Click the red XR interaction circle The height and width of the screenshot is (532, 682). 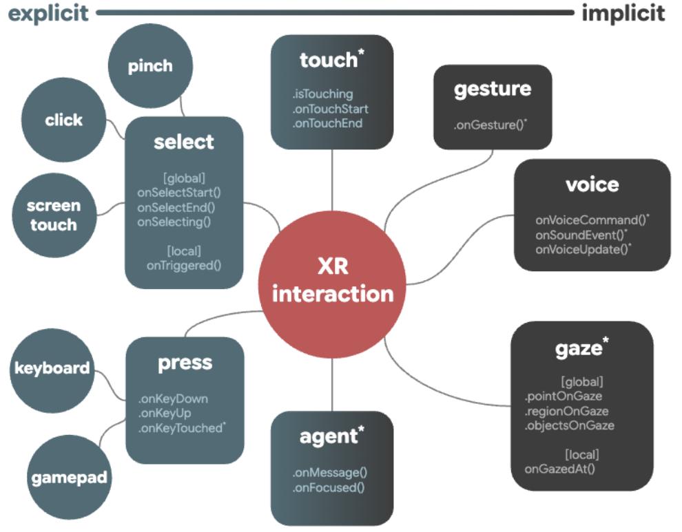click(332, 284)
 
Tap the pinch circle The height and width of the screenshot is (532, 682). click(150, 65)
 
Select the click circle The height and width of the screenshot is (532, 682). click(63, 120)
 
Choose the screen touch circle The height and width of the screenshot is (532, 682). click(54, 215)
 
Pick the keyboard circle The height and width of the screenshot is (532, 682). click(52, 370)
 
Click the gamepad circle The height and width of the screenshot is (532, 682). click(69, 478)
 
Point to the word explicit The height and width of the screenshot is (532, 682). click(48, 14)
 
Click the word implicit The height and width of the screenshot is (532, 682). click(623, 13)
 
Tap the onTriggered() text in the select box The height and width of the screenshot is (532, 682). click(184, 265)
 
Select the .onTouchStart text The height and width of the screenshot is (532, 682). click(331, 109)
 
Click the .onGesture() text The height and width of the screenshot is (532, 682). click(490, 125)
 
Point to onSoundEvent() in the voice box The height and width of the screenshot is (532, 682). click(581, 235)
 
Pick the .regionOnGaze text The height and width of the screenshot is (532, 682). click(567, 411)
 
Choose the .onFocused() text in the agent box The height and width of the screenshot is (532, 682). click(329, 487)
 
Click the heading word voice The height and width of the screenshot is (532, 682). click(592, 184)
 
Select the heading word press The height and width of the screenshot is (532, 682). click(185, 363)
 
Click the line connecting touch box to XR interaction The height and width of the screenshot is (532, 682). click(332, 180)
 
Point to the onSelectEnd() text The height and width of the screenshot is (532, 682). click(176, 207)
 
